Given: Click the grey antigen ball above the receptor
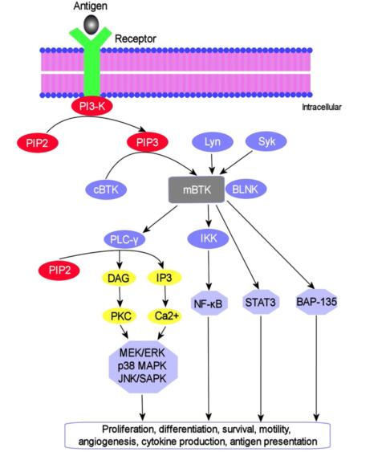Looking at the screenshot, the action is (x=91, y=24).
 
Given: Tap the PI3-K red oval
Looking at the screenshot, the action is (x=92, y=106).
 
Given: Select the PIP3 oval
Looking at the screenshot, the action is (x=148, y=142).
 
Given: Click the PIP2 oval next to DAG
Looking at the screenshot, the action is (x=59, y=270).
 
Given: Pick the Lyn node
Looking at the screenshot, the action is (x=213, y=142).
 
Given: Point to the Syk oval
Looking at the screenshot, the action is (x=266, y=141).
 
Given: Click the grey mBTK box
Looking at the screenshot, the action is (x=197, y=189).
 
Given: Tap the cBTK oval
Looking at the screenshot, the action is (x=106, y=189).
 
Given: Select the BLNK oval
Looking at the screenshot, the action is (x=246, y=189).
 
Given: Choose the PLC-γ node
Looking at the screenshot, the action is (x=124, y=239).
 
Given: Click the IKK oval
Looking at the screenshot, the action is (x=209, y=238).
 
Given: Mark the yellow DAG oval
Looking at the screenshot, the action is (x=119, y=278).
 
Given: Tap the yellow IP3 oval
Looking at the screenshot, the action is (x=165, y=278).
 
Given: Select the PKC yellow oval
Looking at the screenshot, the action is (x=120, y=316).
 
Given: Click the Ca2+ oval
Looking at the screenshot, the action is (x=165, y=316).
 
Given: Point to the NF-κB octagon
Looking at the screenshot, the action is (x=209, y=303).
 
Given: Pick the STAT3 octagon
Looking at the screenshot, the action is (x=261, y=302).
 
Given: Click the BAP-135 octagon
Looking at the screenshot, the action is (x=316, y=302).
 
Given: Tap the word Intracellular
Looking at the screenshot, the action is (x=322, y=108).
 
